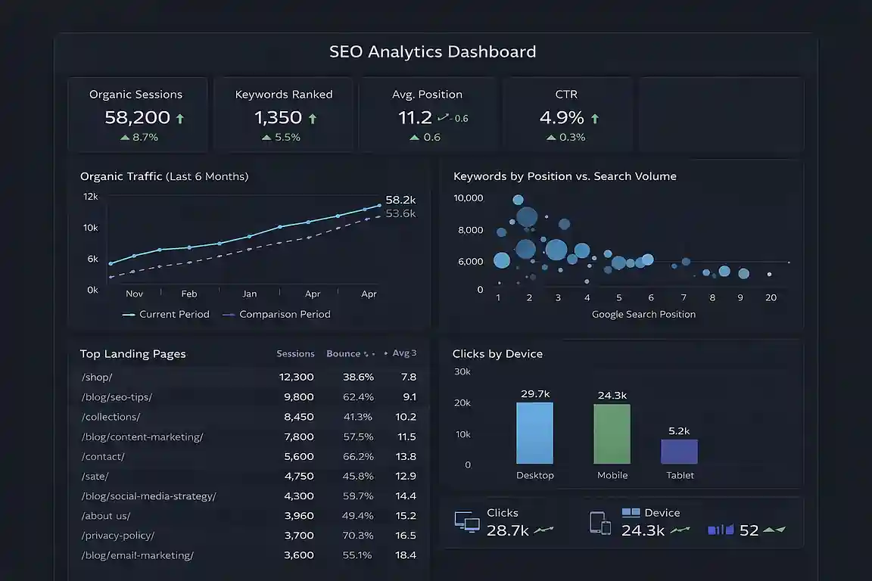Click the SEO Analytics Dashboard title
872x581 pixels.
point(432,52)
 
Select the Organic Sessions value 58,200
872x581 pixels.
point(136,118)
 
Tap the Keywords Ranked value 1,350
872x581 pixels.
point(278,118)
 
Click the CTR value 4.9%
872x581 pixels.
point(562,118)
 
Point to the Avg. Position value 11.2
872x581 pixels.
point(415,118)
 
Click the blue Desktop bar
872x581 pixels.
point(534,433)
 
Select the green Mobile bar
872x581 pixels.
point(612,433)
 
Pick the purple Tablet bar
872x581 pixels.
point(679,452)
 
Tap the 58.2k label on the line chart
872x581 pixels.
point(400,200)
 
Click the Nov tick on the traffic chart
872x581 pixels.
point(134,294)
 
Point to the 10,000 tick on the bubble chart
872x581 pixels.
point(468,198)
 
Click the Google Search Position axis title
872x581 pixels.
point(643,314)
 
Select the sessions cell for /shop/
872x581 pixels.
point(296,377)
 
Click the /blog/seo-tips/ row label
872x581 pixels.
point(116,397)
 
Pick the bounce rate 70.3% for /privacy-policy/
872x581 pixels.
point(358,536)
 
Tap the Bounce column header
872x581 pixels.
point(344,353)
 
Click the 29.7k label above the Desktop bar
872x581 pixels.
point(535,394)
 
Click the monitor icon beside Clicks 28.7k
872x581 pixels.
point(467,522)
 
